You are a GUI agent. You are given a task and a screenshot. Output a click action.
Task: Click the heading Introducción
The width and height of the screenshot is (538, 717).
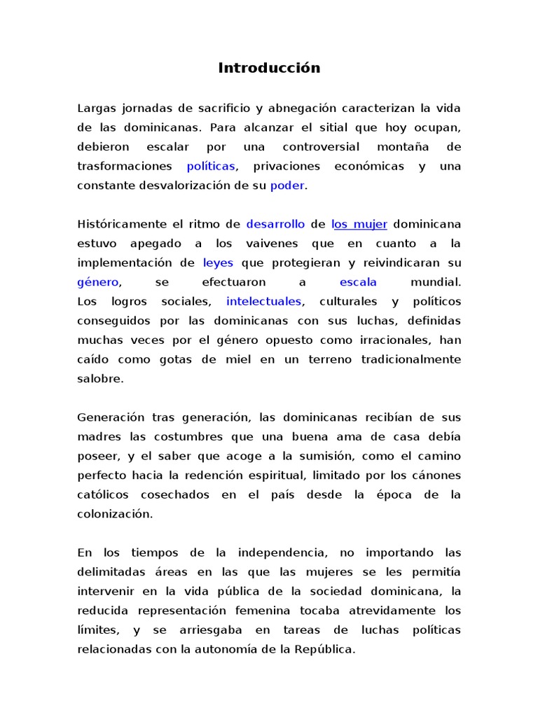[x=269, y=68]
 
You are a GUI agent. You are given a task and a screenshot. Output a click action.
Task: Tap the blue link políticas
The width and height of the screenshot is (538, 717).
[x=211, y=167]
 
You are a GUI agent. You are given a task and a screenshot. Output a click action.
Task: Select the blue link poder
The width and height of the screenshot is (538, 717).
[x=287, y=186]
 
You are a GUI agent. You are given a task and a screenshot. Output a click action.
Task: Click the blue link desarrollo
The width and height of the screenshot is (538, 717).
[x=275, y=225]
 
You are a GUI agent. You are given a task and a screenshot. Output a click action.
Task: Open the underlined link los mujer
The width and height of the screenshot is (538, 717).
[x=359, y=225]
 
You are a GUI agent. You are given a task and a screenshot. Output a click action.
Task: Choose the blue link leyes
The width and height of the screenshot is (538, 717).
[x=218, y=263]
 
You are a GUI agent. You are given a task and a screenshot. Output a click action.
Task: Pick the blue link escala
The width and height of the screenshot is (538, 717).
[x=358, y=282]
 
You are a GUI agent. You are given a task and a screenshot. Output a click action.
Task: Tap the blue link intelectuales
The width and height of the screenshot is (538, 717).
[x=264, y=302]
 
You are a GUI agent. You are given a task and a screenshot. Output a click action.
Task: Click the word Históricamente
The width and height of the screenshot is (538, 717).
[x=123, y=225]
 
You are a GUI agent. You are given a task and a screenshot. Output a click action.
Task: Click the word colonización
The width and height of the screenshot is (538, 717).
[x=114, y=514]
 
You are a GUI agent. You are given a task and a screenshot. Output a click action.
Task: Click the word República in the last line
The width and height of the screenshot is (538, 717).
[x=329, y=649]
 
